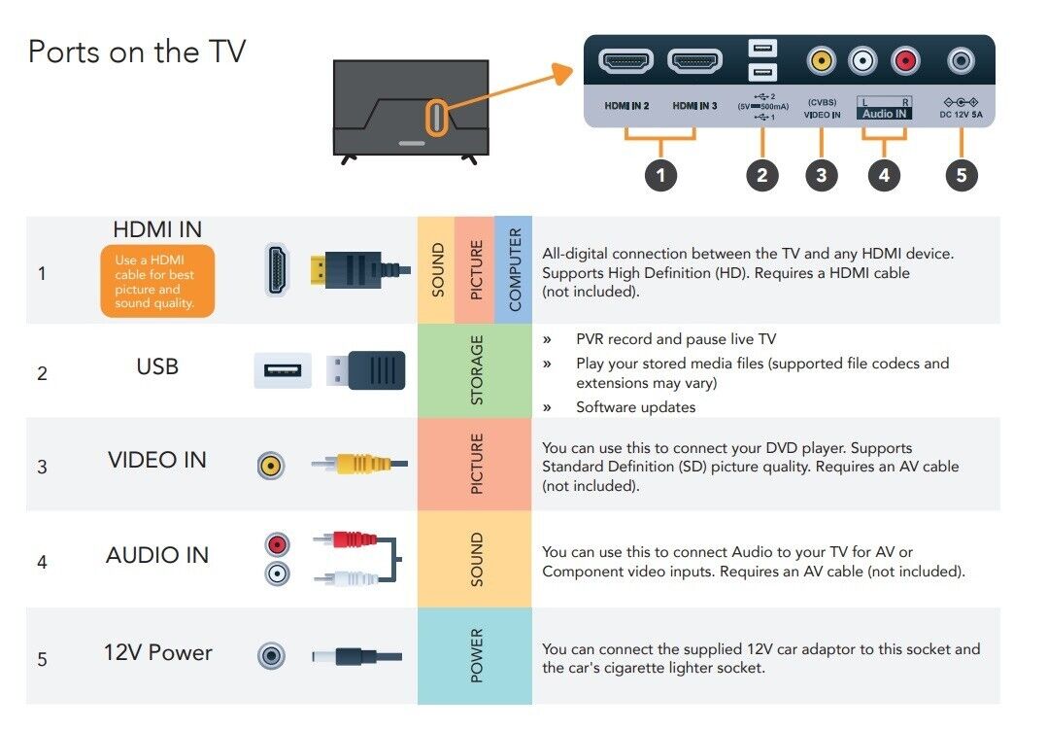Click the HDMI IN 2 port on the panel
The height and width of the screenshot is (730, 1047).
[x=625, y=61]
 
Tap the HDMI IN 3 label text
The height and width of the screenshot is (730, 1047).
[x=694, y=106]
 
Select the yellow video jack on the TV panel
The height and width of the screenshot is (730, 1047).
[x=822, y=61]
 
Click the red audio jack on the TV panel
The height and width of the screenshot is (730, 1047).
[x=905, y=61]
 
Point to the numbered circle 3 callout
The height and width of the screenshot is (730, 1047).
[x=822, y=175]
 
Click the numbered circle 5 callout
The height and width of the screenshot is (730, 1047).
[x=961, y=175]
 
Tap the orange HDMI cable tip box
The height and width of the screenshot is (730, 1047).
[x=157, y=281]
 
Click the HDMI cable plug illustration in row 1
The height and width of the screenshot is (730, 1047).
[x=360, y=270]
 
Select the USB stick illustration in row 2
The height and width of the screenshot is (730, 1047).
[x=366, y=370]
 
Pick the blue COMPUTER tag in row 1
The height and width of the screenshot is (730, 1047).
[x=514, y=269]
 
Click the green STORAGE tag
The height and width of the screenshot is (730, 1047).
[x=475, y=370]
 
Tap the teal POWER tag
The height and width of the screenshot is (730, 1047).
[x=475, y=656]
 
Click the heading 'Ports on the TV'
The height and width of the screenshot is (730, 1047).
[x=137, y=52]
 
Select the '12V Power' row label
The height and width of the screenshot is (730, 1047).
[x=157, y=652]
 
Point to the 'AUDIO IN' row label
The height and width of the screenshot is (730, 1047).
[x=157, y=555]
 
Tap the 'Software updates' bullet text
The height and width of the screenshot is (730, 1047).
[x=635, y=407]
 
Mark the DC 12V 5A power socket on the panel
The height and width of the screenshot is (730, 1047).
[x=961, y=61]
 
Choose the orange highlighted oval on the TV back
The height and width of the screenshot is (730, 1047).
[x=436, y=118]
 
